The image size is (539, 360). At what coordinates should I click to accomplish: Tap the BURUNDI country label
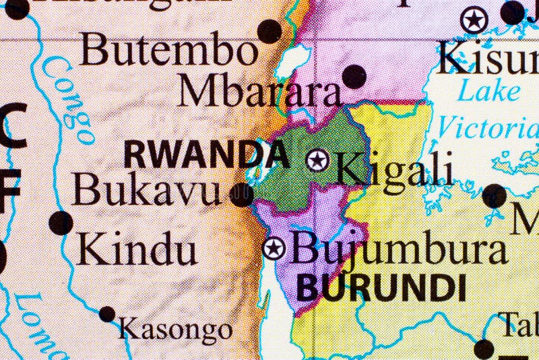pos(381,288)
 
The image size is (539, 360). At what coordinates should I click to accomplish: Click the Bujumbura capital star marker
pos(274,248)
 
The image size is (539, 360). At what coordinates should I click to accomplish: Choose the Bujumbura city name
pos(400,250)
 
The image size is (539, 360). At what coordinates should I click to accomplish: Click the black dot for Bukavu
pos(241,195)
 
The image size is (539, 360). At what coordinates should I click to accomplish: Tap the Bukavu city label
pos(146,190)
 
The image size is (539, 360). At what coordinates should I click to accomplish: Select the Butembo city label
pos(168,51)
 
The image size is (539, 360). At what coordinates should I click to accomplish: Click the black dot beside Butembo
pos(269,31)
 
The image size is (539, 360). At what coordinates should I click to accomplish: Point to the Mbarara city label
pos(259,92)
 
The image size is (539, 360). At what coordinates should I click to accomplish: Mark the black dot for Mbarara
pos(354,76)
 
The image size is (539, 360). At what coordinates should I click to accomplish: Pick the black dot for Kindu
pos(61,222)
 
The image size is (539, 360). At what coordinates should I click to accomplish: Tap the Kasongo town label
pos(175,330)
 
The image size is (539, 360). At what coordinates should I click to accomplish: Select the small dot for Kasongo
pos(107,313)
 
